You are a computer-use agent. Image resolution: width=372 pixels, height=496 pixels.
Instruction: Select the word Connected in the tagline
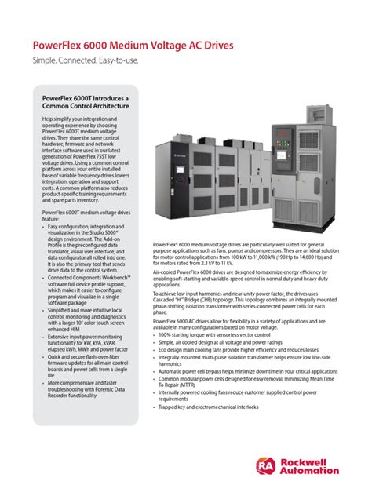[86, 61]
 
